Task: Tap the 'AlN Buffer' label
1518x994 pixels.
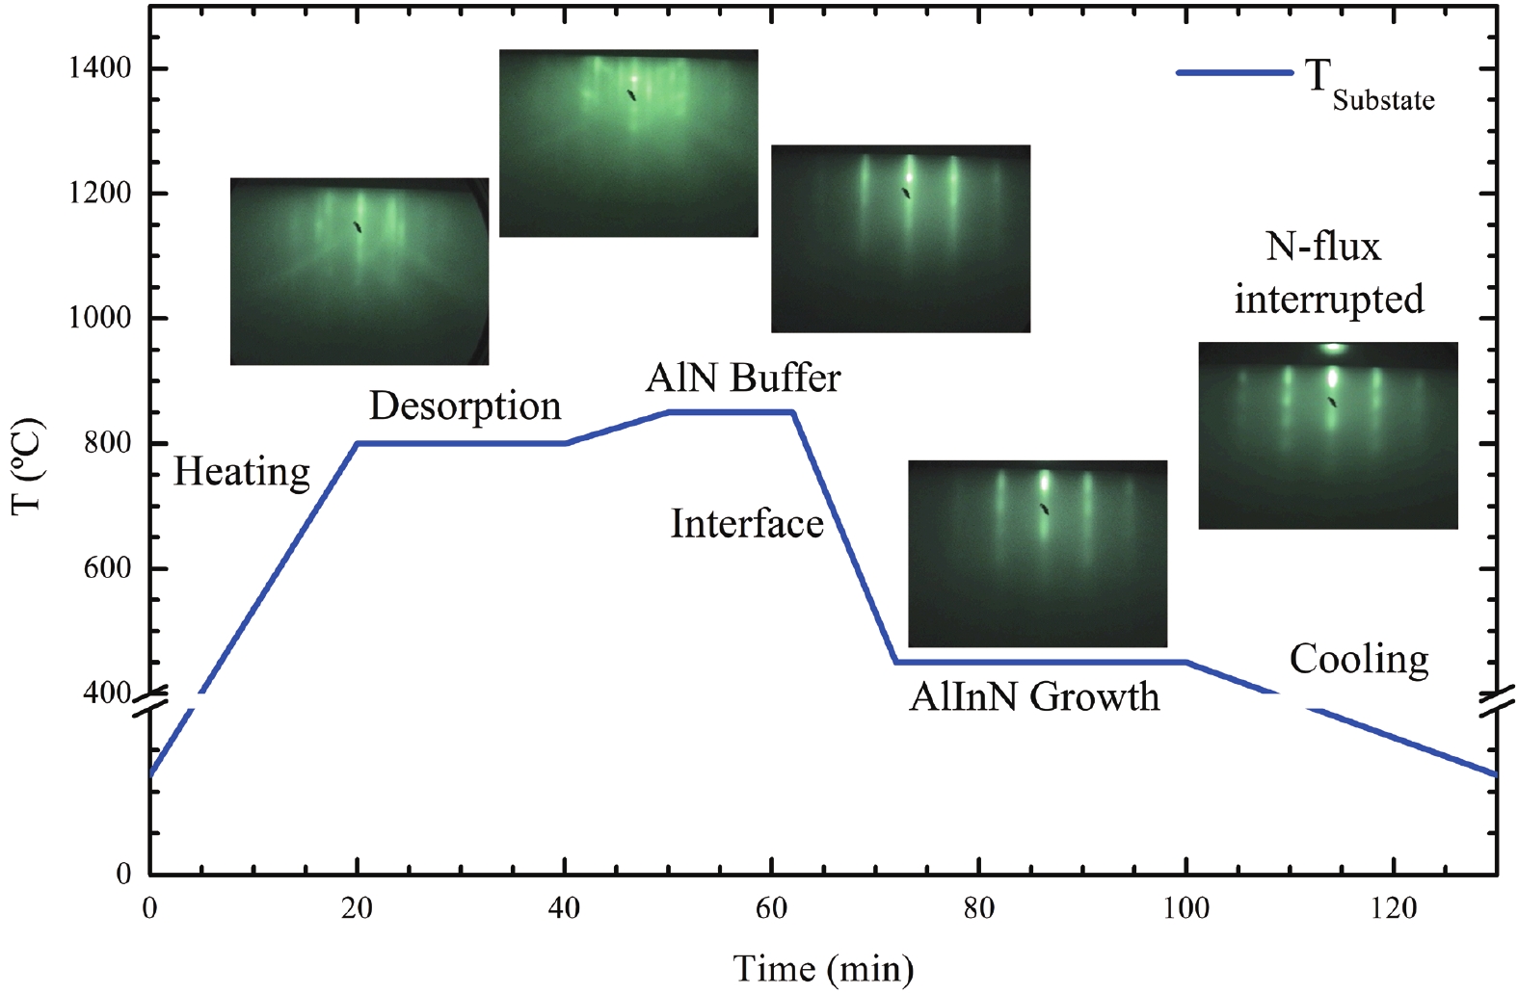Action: coord(743,379)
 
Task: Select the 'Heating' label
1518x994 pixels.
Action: coord(242,472)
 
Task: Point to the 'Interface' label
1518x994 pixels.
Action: coord(747,524)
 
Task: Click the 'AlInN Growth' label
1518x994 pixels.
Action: coord(1034,696)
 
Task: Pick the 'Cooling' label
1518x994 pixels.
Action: coord(1359,660)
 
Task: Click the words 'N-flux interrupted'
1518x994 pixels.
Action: coord(1328,273)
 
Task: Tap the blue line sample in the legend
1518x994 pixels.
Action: coord(1235,73)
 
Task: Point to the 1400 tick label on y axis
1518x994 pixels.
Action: coord(99,68)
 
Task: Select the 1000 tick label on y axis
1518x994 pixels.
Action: coord(99,318)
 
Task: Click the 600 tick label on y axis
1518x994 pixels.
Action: coord(107,567)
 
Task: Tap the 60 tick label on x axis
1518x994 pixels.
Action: coord(771,908)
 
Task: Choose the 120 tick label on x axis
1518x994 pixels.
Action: coord(1393,908)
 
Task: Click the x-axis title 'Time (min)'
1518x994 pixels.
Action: coord(823,968)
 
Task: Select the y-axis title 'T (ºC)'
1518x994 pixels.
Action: coord(27,466)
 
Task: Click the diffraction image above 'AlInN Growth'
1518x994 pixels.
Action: coord(1037,554)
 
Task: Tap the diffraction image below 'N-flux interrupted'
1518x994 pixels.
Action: coord(1328,435)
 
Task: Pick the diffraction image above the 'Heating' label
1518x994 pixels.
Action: coord(360,272)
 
